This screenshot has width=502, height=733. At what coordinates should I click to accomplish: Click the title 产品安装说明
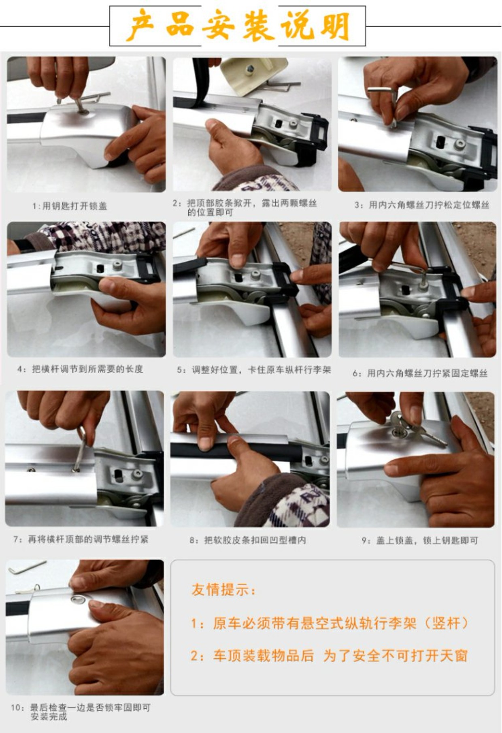238,26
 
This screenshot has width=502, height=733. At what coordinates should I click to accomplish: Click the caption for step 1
70,206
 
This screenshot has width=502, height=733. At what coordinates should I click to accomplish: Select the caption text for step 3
422,205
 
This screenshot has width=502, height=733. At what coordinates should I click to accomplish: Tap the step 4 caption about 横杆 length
80,369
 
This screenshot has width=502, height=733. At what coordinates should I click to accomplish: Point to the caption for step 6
420,373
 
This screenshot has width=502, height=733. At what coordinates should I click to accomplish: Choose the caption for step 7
81,539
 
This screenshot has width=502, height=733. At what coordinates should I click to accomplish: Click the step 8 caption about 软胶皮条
248,540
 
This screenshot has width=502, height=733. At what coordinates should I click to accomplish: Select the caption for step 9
420,540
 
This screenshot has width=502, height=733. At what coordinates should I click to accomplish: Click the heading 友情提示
223,590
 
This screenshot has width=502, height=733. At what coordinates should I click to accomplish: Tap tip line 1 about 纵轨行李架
330,623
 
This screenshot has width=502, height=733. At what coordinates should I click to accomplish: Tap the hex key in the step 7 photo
80,450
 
